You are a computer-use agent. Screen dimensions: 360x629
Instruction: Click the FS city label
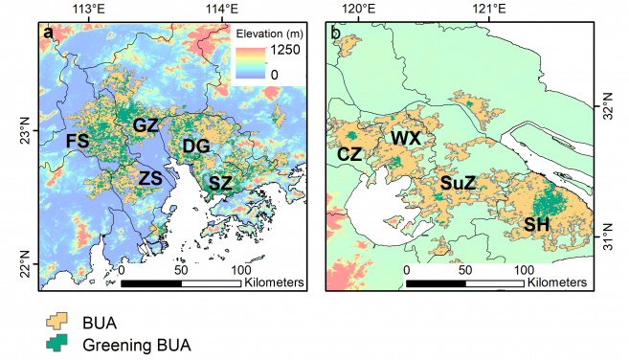[x=78, y=141]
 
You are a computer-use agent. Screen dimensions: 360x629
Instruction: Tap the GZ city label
[x=146, y=125]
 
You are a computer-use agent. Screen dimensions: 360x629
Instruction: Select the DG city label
[x=195, y=146]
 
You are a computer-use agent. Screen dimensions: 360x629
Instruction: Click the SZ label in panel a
[x=220, y=182]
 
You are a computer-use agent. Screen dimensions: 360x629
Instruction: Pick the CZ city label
[x=350, y=153]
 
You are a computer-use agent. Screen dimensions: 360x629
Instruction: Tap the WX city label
[x=405, y=138]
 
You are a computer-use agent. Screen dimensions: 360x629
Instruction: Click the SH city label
[x=537, y=224]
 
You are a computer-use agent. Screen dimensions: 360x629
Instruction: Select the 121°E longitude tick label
[x=489, y=11]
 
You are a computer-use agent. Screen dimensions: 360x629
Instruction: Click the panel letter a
[x=47, y=35]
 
